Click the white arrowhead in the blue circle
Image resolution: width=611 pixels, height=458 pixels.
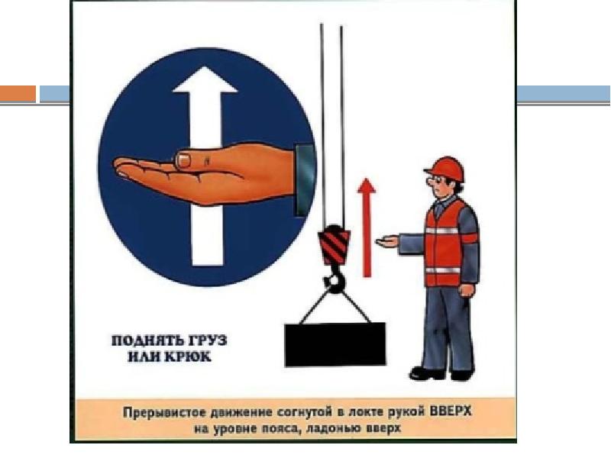click(205, 80)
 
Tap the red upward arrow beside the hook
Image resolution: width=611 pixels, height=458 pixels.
click(367, 227)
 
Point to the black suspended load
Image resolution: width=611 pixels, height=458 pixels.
click(335, 345)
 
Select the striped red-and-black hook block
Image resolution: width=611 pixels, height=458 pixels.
click(334, 245)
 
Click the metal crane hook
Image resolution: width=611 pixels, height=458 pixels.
click(335, 278)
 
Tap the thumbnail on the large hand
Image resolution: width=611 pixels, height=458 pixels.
click(183, 160)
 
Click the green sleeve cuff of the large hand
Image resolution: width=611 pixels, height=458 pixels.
click(305, 180)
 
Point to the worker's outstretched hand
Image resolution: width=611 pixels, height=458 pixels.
click(387, 241)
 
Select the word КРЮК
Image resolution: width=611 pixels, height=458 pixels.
click(188, 356)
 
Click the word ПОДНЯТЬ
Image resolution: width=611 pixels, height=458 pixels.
click(147, 340)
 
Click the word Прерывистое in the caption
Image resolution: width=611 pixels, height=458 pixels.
click(165, 412)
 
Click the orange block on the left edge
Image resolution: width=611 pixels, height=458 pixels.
click(18, 94)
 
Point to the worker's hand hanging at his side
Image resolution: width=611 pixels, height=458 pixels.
click(467, 291)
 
